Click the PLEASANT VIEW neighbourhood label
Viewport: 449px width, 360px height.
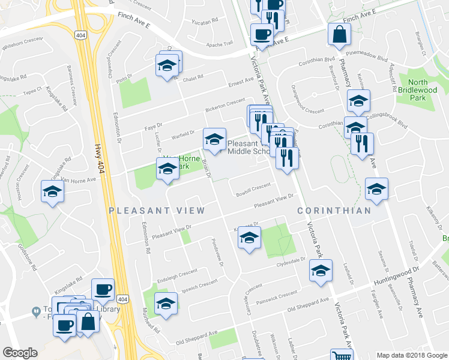157,211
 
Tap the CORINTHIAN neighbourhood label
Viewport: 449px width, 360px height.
335,211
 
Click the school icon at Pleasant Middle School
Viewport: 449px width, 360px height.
214,140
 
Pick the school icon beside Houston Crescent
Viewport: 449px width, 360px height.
52,192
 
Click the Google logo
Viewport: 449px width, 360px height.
20,352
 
